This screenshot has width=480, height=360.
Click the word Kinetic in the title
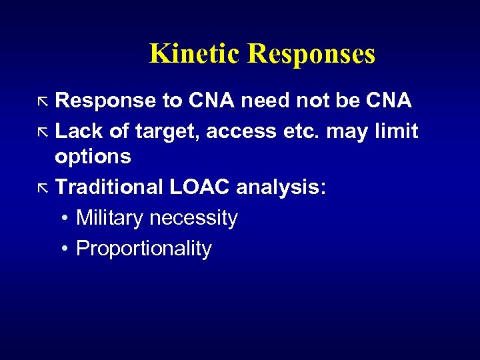tap(195, 54)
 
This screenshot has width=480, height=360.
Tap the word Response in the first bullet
tap(105, 101)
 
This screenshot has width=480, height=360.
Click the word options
tap(93, 157)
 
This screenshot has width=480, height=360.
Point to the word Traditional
tap(109, 187)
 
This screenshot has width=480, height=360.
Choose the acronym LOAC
tap(199, 187)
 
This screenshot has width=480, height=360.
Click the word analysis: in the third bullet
tap(281, 188)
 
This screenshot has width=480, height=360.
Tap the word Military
tap(111, 218)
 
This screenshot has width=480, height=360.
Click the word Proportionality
tap(144, 249)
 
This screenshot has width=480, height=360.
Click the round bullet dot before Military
tap(62, 219)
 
